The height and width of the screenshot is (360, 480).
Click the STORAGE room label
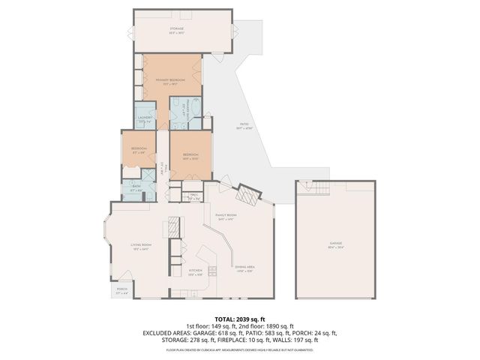tap(176, 28)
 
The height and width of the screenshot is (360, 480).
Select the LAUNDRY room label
tap(145, 117)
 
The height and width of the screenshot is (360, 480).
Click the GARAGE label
tap(335, 244)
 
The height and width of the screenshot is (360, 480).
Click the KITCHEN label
tap(196, 271)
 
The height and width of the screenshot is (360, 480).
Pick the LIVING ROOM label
tap(141, 245)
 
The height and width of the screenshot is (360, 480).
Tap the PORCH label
tap(121, 289)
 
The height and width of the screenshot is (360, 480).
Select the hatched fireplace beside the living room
tap(172, 226)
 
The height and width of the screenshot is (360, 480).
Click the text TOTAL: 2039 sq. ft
tap(239, 318)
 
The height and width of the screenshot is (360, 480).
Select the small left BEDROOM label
tap(139, 148)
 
